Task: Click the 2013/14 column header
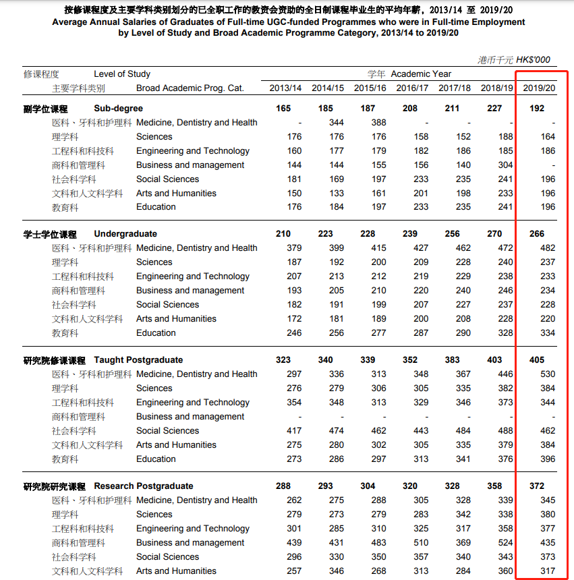point(285,88)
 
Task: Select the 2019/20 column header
point(539,88)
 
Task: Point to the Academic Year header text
point(421,74)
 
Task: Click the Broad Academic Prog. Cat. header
point(190,88)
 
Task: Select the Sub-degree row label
point(118,109)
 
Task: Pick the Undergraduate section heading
point(125,234)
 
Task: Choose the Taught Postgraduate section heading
point(138,360)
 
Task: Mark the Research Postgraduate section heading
point(143,486)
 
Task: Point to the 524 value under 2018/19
point(505,543)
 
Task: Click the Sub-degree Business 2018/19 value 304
point(505,165)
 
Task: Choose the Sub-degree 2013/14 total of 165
point(283,109)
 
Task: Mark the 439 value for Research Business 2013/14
point(293,543)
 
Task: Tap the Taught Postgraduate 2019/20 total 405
point(537,360)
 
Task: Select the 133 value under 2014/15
point(336,194)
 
